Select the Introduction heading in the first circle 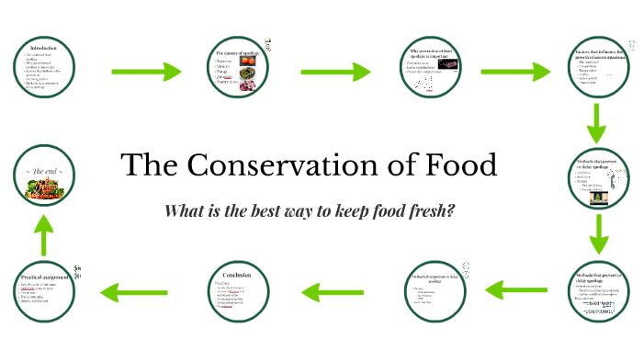[x=44, y=48]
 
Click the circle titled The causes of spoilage [x=236, y=70]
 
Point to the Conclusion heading [x=237, y=273]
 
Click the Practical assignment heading [x=44, y=276]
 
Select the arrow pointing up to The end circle [x=43, y=233]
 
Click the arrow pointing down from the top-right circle [x=598, y=123]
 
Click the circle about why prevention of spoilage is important [x=429, y=70]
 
